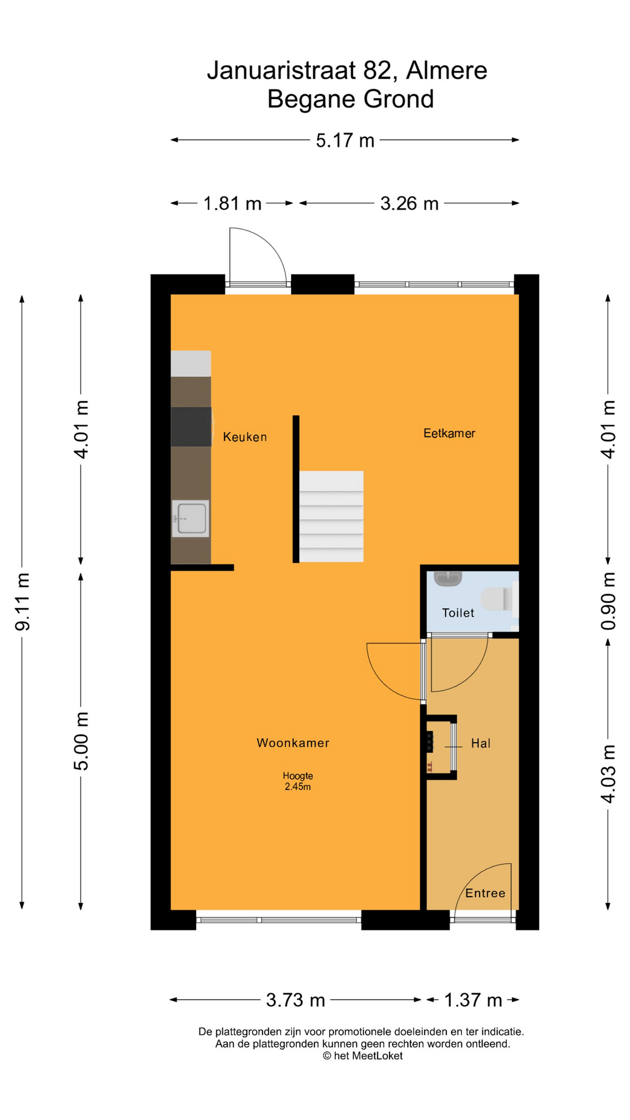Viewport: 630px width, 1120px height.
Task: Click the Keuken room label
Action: click(x=245, y=437)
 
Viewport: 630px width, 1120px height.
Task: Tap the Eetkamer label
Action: click(x=449, y=433)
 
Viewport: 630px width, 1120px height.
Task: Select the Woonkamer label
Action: click(x=293, y=743)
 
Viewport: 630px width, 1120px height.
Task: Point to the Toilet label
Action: click(x=458, y=612)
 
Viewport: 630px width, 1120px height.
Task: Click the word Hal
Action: click(x=481, y=743)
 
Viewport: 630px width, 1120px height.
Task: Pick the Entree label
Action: click(x=485, y=893)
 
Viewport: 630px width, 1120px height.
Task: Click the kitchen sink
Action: click(x=191, y=518)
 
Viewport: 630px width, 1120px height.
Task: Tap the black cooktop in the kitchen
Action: click(x=191, y=426)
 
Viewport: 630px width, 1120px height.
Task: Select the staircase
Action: click(x=331, y=516)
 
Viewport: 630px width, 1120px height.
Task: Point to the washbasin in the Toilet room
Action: click(x=448, y=578)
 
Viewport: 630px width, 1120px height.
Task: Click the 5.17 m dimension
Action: click(x=345, y=141)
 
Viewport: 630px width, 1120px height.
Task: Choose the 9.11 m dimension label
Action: click(x=23, y=601)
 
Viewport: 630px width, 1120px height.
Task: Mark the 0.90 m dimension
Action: click(x=608, y=601)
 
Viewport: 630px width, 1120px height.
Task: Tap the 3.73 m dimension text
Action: click(x=295, y=1000)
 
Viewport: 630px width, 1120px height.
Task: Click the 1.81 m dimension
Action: click(x=232, y=204)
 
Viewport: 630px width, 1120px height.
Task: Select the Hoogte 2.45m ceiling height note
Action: click(x=298, y=781)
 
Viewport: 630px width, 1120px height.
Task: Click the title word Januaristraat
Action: click(x=281, y=71)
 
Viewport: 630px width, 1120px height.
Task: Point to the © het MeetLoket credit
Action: click(x=363, y=1056)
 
